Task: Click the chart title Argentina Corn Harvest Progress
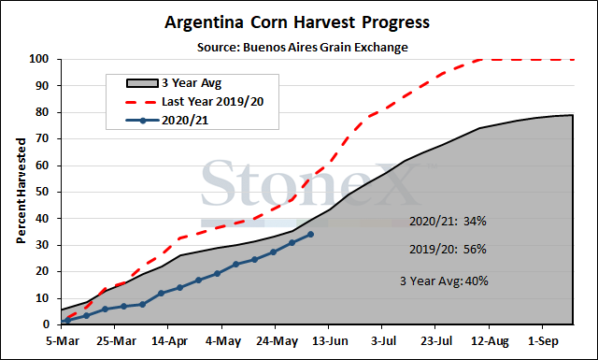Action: click(x=297, y=22)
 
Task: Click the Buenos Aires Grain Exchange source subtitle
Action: click(x=303, y=48)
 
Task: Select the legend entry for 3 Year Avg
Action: click(x=174, y=83)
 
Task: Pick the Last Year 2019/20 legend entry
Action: click(x=194, y=102)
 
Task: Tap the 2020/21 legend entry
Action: click(x=167, y=121)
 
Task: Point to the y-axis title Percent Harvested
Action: click(x=21, y=191)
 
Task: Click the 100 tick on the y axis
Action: click(x=39, y=59)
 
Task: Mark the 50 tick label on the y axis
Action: click(x=43, y=192)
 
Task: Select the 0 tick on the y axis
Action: click(x=46, y=324)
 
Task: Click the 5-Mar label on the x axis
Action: click(x=63, y=341)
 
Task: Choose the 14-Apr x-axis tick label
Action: click(x=169, y=341)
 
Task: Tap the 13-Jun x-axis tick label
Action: click(x=330, y=341)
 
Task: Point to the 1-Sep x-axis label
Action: click(x=543, y=341)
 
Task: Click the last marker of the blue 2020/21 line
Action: click(x=310, y=234)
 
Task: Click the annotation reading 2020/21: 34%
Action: click(x=448, y=221)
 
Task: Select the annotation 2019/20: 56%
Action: click(x=448, y=250)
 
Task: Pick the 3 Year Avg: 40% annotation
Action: click(x=444, y=281)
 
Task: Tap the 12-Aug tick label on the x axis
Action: click(x=490, y=341)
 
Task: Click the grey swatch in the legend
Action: click(x=142, y=83)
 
